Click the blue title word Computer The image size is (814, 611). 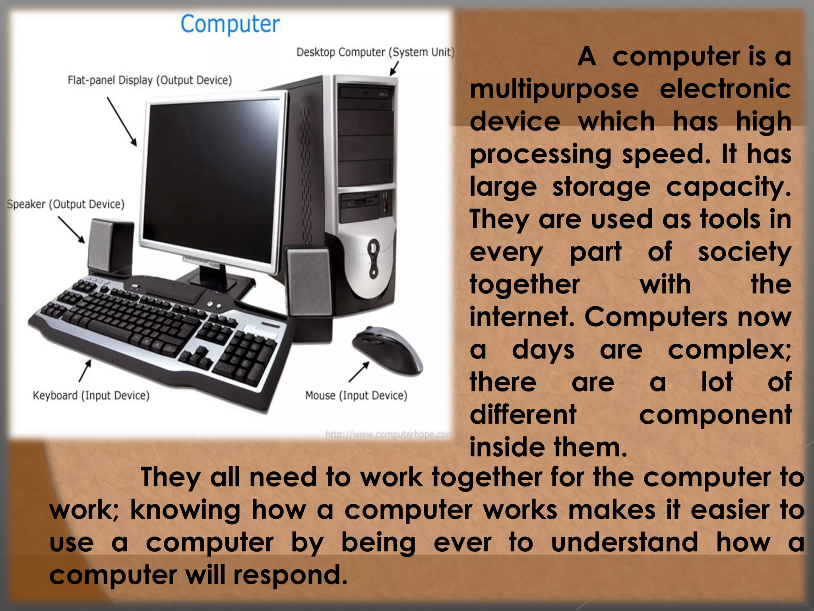coord(230,25)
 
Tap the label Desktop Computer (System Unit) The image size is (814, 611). coord(375,53)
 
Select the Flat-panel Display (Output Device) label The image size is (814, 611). coord(149,80)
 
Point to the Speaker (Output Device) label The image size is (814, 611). coord(66,204)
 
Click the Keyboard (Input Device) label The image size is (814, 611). coord(91,395)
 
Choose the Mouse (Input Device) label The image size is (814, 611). coord(356,395)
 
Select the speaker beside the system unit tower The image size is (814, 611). coord(309,282)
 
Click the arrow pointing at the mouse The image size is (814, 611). coord(359,372)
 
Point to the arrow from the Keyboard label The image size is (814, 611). coord(85,370)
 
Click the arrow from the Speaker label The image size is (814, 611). coord(72,230)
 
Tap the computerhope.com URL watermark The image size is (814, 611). coord(388,434)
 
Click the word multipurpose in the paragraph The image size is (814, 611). coord(554,90)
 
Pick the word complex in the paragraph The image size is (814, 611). coord(728,350)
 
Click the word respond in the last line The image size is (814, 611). coord(290,575)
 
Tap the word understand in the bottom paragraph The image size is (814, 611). coord(624,542)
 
